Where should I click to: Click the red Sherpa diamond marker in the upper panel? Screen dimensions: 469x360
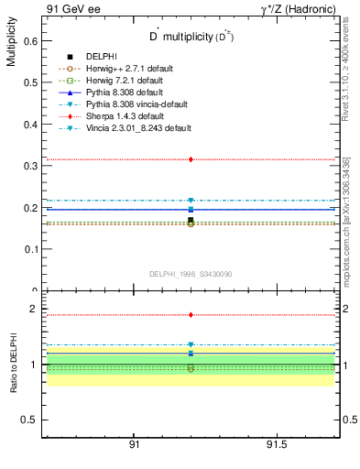(x=191, y=159)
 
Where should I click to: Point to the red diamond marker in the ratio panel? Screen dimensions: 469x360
(x=191, y=315)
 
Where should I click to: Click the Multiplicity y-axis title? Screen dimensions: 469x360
(x=11, y=45)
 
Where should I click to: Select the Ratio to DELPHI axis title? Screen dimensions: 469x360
(x=11, y=365)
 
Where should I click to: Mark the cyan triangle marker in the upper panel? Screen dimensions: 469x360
(x=191, y=201)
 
